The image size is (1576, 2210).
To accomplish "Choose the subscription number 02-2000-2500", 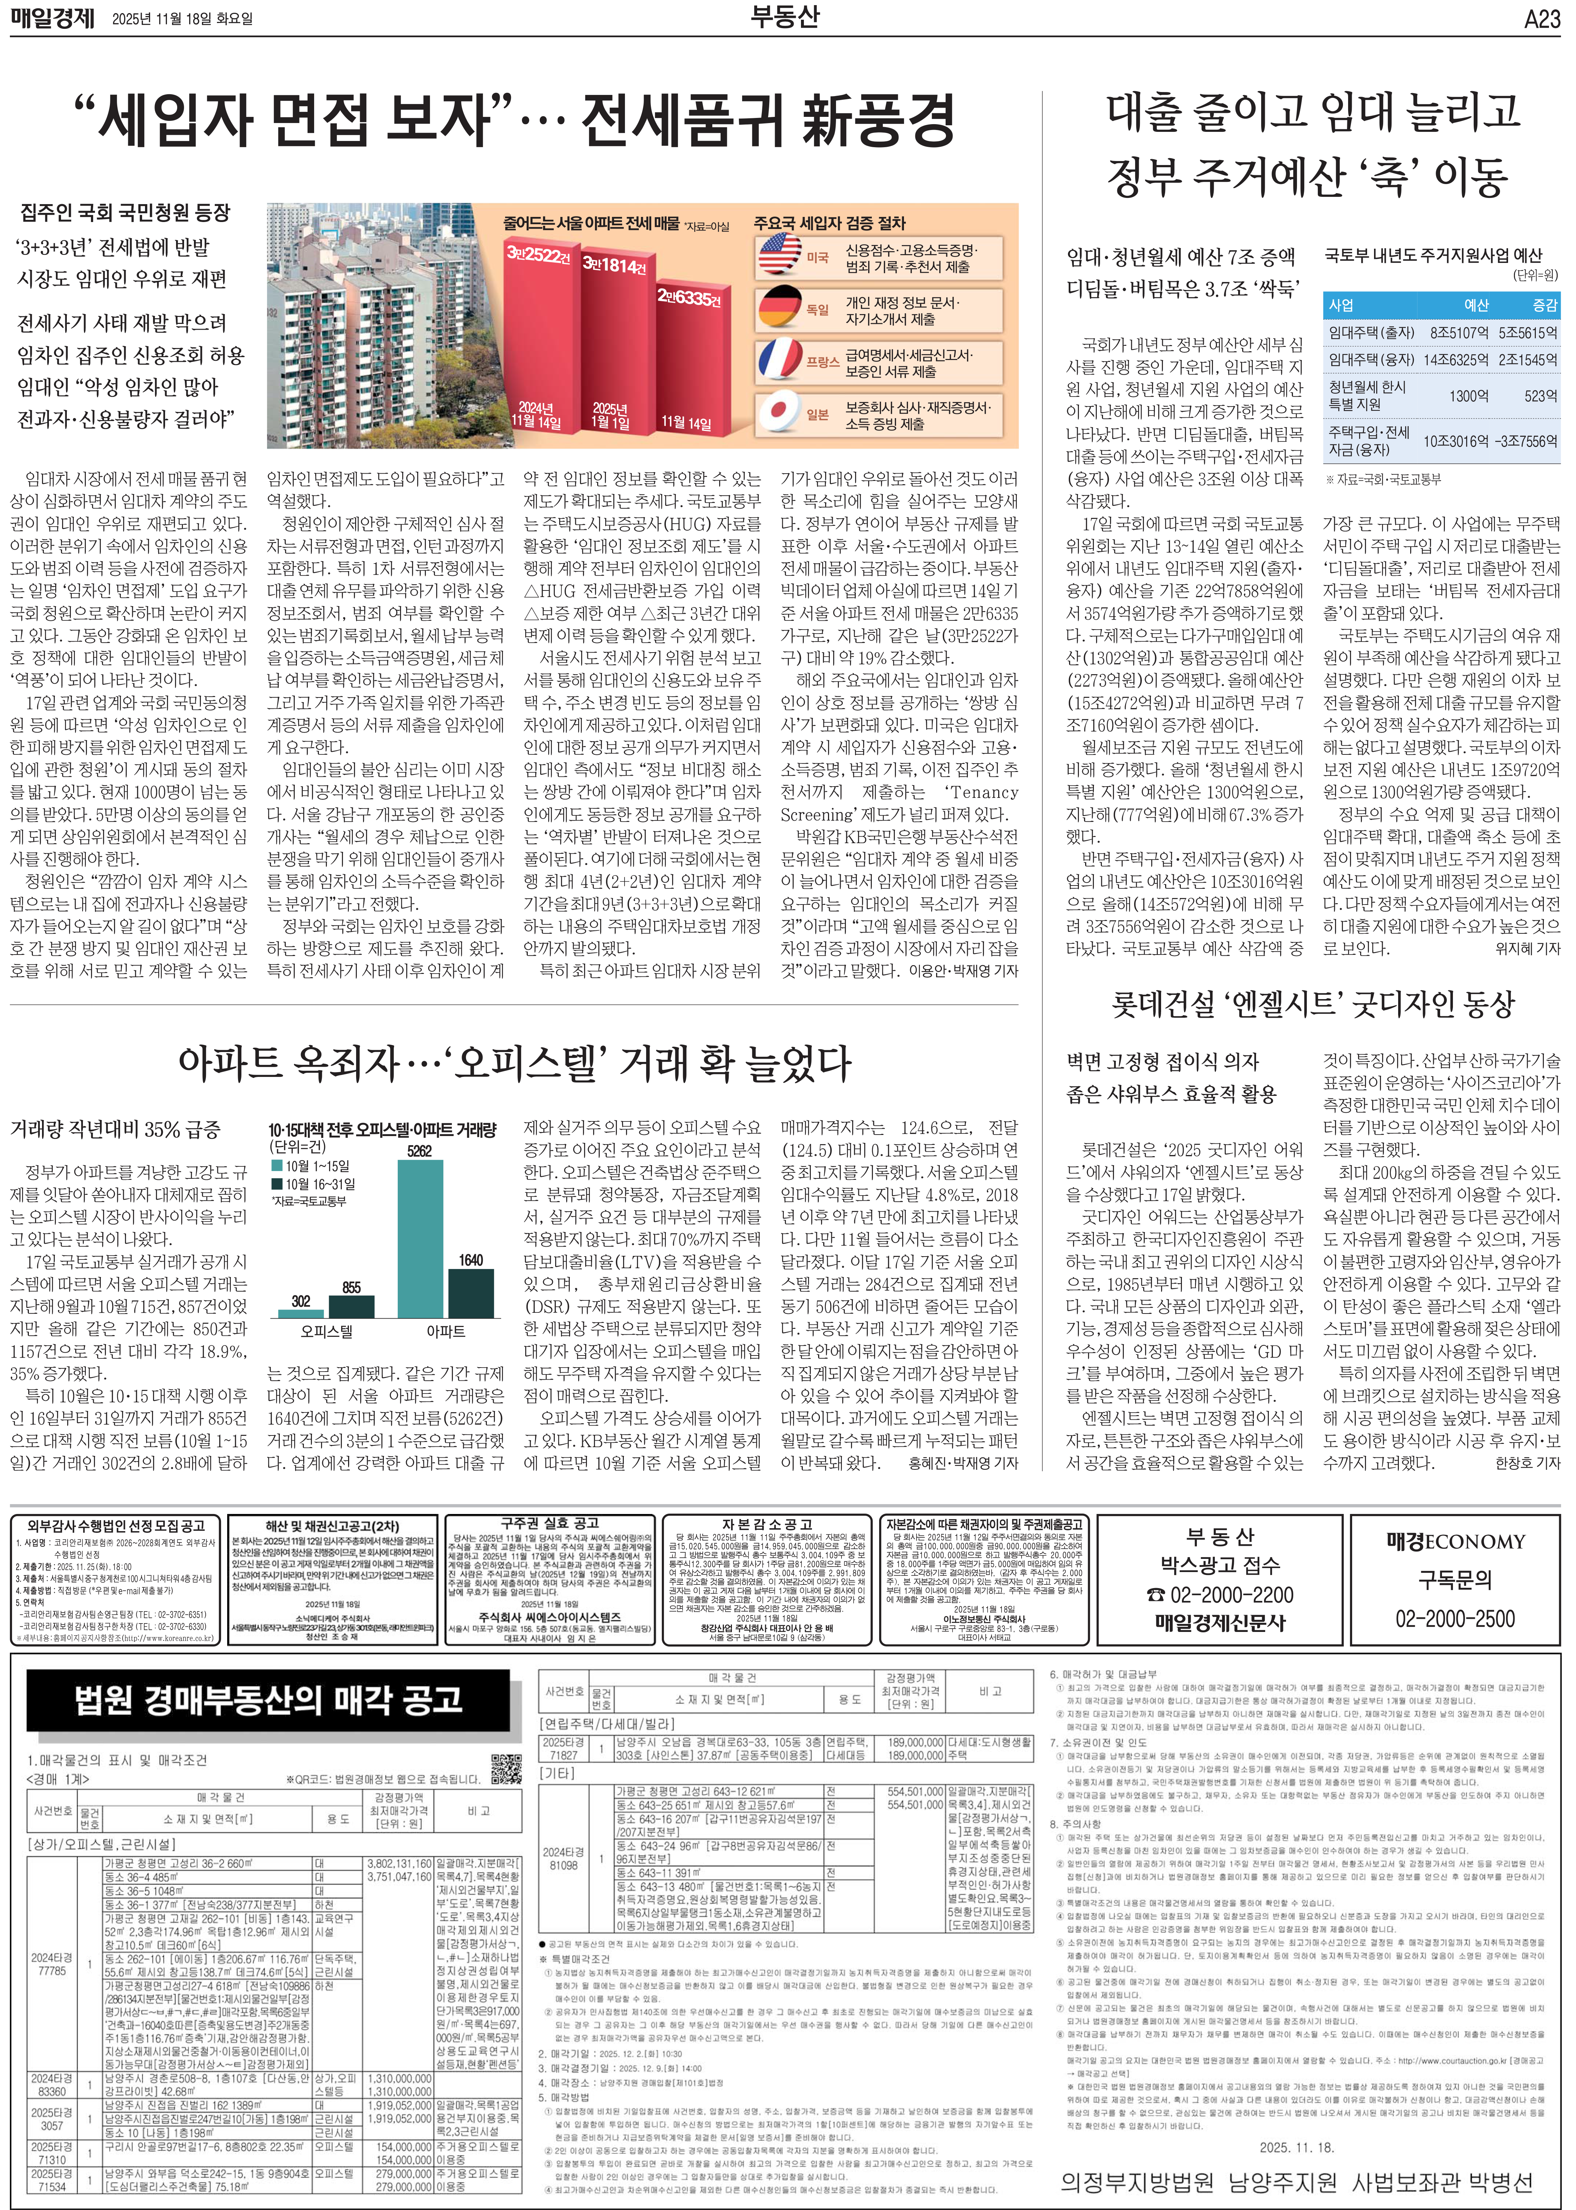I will [1455, 1618].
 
